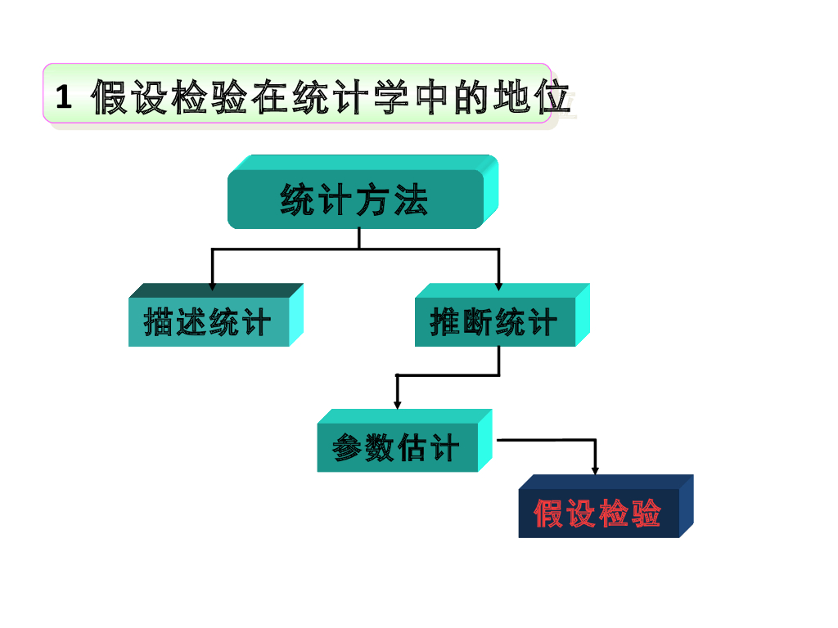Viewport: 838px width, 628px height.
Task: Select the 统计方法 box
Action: pyautogui.click(x=356, y=200)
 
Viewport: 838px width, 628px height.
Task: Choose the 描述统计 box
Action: pyautogui.click(x=208, y=322)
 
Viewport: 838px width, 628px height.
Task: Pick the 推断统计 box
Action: pyautogui.click(x=494, y=322)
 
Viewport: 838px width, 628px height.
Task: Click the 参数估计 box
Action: pyautogui.click(x=397, y=448)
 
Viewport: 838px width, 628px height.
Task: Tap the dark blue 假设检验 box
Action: pyautogui.click(x=598, y=514)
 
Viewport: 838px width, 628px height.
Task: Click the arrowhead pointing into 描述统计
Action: pyautogui.click(x=213, y=286)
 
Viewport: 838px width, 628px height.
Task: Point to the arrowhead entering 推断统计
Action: pyautogui.click(x=498, y=286)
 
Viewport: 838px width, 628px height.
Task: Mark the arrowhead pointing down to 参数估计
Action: pyautogui.click(x=398, y=404)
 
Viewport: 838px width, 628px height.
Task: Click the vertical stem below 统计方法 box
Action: pyautogui.click(x=358, y=238)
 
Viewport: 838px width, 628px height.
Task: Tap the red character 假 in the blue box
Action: pyautogui.click(x=547, y=514)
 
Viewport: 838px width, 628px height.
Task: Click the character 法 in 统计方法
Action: pyautogui.click(x=411, y=200)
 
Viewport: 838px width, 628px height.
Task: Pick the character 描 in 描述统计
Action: pyautogui.click(x=158, y=322)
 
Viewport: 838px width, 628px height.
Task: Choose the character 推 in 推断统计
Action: pyautogui.click(x=444, y=322)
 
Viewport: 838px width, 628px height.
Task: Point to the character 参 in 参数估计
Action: pyautogui.click(x=347, y=448)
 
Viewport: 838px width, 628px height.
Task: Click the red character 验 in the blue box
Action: pyautogui.click(x=647, y=514)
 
